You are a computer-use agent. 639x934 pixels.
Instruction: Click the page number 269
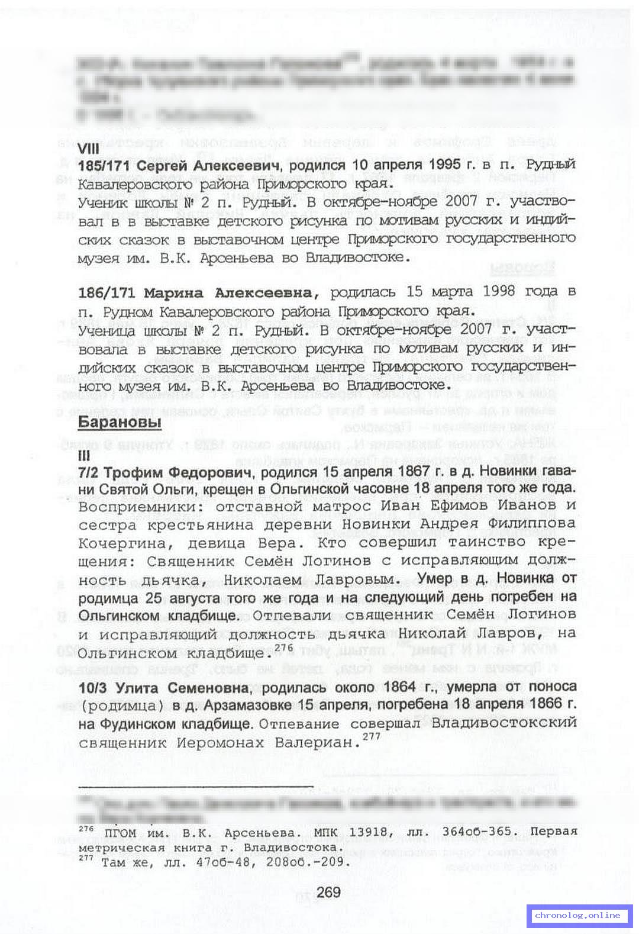(x=328, y=891)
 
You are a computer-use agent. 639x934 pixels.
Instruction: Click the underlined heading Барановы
(x=120, y=422)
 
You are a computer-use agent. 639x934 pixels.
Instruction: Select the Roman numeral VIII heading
(x=89, y=149)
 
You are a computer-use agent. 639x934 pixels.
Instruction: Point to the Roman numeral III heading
(x=83, y=456)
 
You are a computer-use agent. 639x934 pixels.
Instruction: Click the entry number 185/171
(x=105, y=166)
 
